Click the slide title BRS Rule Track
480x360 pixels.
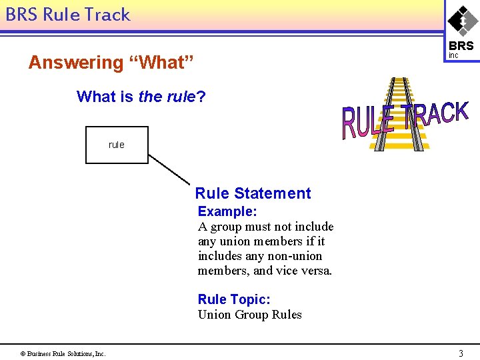[68, 15]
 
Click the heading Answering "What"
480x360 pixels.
[111, 63]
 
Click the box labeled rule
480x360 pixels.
[117, 145]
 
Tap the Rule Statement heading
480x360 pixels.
[253, 193]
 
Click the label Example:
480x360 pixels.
[227, 211]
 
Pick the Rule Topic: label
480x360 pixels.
[234, 300]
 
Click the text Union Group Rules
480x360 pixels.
[249, 315]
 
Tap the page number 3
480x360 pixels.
[461, 353]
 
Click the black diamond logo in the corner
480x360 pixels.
[462, 20]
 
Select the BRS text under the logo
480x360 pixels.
[461, 46]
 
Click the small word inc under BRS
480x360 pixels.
[453, 55]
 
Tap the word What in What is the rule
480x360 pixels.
[97, 97]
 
